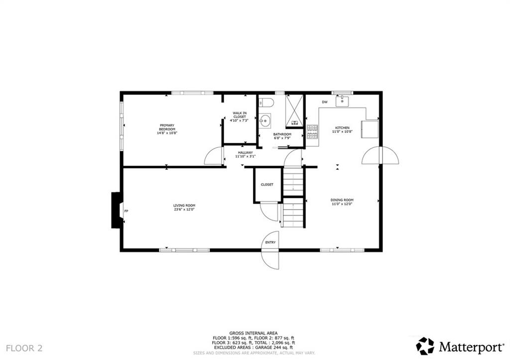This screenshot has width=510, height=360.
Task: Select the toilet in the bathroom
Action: (266, 103)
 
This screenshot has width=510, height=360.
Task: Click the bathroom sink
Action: (265, 120)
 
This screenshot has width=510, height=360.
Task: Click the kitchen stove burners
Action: (312, 131)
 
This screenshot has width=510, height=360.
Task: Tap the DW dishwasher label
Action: (324, 102)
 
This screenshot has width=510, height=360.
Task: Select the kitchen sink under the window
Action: (342, 102)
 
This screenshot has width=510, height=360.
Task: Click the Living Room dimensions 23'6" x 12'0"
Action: (184, 210)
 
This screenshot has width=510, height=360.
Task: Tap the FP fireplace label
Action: (126, 212)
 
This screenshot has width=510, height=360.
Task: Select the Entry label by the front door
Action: (270, 242)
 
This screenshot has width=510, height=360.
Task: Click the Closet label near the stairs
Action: (267, 185)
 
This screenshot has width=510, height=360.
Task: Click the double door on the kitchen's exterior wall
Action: (380, 156)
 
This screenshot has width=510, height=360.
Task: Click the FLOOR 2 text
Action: (24, 348)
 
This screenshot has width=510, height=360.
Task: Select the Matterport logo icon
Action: (425, 346)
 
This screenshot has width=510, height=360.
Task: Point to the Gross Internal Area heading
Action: (254, 333)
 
